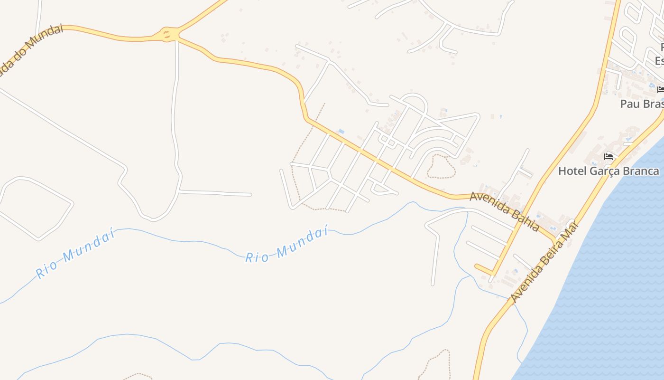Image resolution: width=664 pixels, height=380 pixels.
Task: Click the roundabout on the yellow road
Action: (x=167, y=34)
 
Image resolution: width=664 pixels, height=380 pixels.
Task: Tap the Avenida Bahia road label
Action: (x=504, y=211)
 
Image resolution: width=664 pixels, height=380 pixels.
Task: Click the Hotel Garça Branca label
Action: (x=609, y=171)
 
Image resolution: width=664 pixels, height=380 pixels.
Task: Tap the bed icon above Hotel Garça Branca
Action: (x=609, y=157)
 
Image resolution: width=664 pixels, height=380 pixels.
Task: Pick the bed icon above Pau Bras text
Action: (x=660, y=89)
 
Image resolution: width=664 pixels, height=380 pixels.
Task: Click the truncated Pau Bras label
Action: (x=642, y=104)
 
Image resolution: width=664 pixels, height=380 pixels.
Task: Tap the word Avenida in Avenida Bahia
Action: (x=489, y=203)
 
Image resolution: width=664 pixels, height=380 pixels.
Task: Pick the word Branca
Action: (x=642, y=171)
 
